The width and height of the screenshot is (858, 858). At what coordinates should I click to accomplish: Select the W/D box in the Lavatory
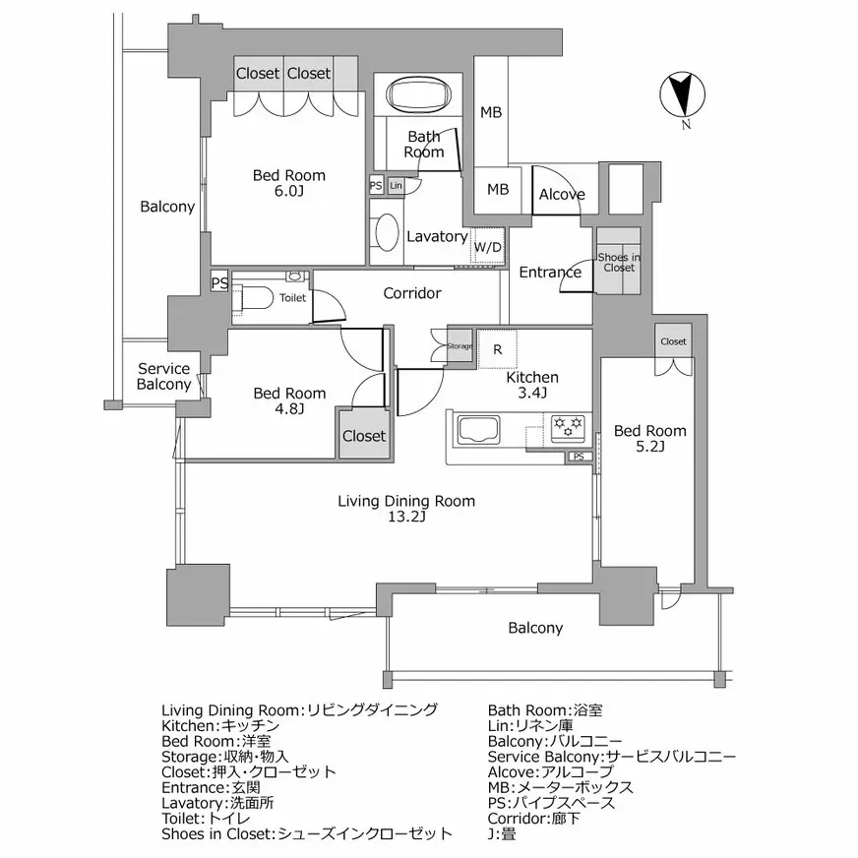487,246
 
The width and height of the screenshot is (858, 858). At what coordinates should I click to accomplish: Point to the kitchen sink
477,431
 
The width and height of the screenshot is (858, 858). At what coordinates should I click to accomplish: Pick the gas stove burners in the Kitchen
568,426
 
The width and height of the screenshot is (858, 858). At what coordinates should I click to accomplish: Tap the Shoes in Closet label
619,262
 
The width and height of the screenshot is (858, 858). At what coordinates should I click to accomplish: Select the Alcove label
562,195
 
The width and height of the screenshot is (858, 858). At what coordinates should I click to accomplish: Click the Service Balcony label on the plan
163,377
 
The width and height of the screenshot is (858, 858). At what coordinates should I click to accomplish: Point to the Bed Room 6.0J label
288,183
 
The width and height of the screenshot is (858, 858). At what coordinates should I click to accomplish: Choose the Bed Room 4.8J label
289,400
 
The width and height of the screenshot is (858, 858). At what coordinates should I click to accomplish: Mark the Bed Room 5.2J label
650,439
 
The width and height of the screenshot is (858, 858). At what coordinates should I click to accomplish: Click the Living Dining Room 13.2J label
406,509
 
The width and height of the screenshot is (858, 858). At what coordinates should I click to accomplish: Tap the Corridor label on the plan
412,293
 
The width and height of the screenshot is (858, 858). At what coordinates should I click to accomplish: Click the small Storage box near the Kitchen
460,346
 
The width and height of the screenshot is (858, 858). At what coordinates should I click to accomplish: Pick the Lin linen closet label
396,186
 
